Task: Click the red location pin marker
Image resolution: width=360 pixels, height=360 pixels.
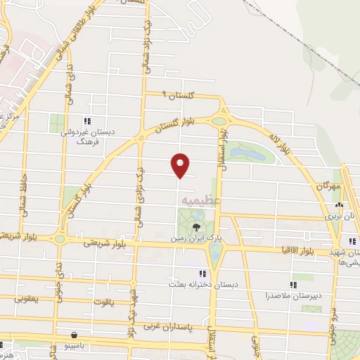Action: coord(180,165)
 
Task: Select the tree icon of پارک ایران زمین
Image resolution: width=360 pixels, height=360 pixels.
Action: coord(195,226)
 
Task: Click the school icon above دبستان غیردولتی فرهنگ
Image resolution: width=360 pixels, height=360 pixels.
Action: coord(86,120)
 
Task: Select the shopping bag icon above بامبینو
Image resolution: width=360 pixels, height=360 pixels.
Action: coord(75,335)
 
